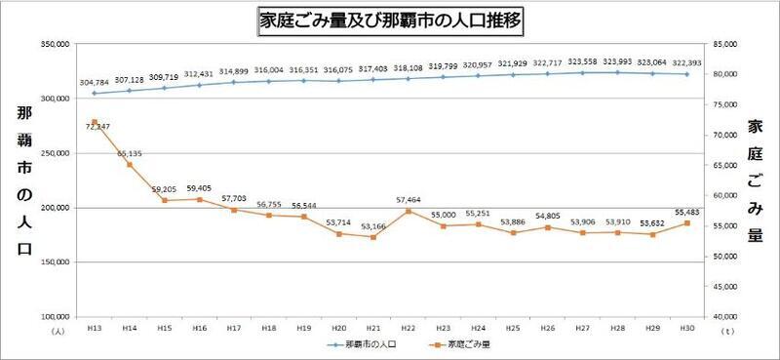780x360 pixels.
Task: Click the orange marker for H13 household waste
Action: pos(95,122)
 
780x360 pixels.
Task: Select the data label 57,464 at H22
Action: pos(408,199)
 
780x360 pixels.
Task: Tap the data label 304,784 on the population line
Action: pos(95,83)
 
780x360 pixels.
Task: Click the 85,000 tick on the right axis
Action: pos(724,45)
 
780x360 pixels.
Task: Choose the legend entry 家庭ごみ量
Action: pos(463,345)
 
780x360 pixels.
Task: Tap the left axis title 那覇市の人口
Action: pos(23,180)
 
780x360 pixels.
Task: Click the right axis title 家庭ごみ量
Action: pos(755,180)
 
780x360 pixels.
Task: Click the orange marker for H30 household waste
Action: pos(687,223)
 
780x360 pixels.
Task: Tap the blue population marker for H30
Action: pos(687,74)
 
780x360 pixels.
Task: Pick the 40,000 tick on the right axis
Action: pos(724,317)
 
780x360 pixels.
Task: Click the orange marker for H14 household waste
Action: pos(130,165)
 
